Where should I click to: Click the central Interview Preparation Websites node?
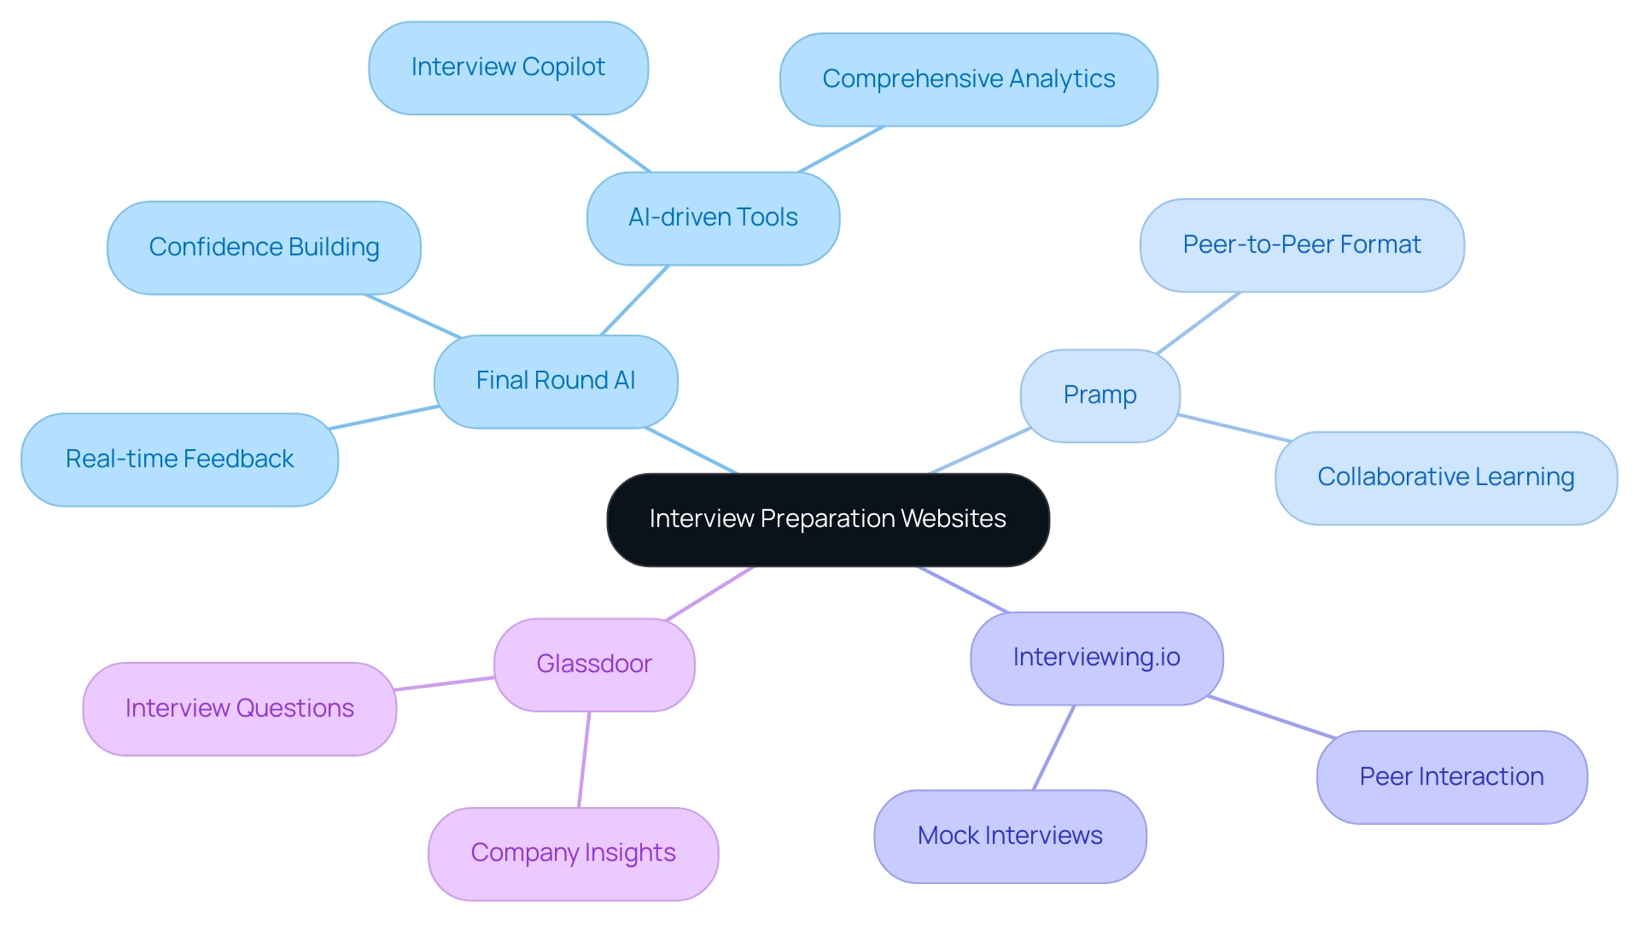tap(827, 519)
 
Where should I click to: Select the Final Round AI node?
tap(556, 381)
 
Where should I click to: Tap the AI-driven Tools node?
tap(713, 218)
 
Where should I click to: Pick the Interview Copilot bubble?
tap(508, 67)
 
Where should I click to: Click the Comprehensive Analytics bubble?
tap(968, 79)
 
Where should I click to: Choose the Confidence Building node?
tap(264, 248)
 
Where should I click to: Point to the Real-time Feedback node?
tap(179, 460)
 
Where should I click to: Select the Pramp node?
tap(1099, 395)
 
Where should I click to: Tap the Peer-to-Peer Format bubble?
tap(1301, 245)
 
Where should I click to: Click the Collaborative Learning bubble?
tap(1445, 477)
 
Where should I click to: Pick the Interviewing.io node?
tap(1096, 658)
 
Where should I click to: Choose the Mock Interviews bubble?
tap(1010, 836)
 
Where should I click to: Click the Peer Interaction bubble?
tap(1451, 777)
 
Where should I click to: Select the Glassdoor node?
tap(594, 664)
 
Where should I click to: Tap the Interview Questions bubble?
tap(239, 709)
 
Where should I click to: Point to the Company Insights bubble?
tap(573, 853)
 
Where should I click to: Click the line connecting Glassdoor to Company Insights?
tap(584, 759)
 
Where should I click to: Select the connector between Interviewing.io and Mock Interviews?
tap(1053, 747)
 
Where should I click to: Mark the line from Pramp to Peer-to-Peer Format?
tap(1198, 323)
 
